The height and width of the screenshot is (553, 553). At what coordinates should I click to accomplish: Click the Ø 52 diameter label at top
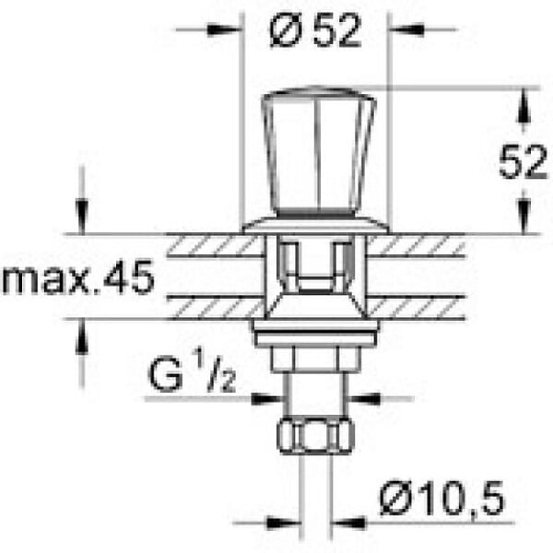click(x=315, y=31)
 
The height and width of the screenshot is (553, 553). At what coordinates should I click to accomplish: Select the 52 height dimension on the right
click(x=524, y=161)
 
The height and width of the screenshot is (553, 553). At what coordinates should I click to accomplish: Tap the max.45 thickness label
click(x=78, y=276)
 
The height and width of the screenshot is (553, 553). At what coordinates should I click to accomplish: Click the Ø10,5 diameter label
click(x=442, y=498)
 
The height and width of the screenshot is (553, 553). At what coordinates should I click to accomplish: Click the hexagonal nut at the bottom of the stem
click(x=315, y=436)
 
